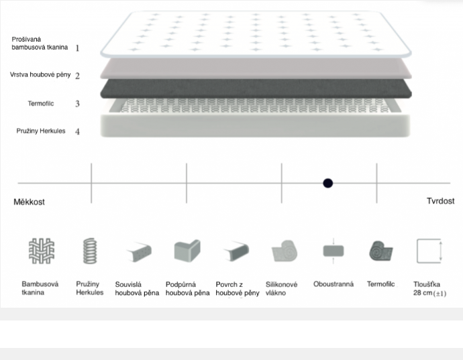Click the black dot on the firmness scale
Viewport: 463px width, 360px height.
click(x=327, y=183)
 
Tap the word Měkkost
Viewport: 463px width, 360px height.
click(x=29, y=202)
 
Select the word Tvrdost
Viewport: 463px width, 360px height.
click(x=441, y=201)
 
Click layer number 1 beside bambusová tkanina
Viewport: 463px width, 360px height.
click(x=77, y=48)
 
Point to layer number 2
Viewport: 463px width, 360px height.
click(x=77, y=76)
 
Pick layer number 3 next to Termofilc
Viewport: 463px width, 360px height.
click(x=77, y=103)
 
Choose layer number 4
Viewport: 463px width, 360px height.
click(x=77, y=131)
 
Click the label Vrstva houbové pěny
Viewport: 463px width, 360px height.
click(x=40, y=75)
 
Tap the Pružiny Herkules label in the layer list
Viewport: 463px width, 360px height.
click(x=41, y=131)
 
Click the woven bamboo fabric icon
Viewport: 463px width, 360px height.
click(x=42, y=251)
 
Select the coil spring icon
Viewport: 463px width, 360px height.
click(x=90, y=251)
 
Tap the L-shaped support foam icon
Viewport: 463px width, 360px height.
click(x=187, y=251)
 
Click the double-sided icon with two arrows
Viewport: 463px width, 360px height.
click(x=333, y=251)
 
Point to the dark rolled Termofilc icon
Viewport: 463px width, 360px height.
click(x=380, y=251)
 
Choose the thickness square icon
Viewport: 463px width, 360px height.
click(x=429, y=251)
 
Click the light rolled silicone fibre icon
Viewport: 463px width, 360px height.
click(x=284, y=251)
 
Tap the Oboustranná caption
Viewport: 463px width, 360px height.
click(x=333, y=284)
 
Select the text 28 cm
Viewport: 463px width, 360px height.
click(x=423, y=293)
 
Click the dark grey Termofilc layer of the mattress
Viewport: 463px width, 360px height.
click(x=256, y=88)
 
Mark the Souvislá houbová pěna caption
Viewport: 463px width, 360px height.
click(x=137, y=289)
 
